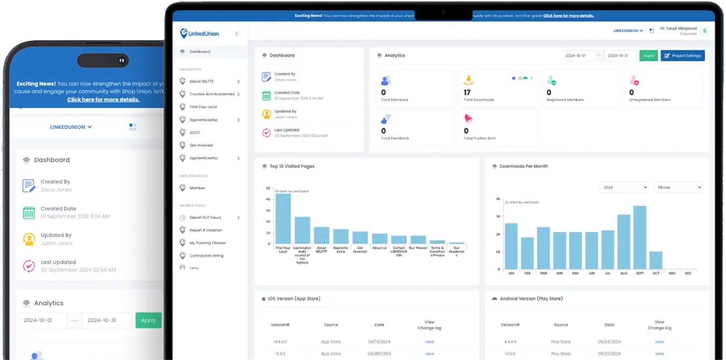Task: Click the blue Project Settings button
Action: point(682,55)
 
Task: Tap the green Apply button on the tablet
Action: point(649,55)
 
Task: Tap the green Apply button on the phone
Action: point(148,320)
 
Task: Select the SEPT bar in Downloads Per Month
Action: point(639,237)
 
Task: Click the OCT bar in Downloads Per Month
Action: point(655,260)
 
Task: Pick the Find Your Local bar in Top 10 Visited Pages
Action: point(283,218)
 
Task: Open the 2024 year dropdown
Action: point(624,187)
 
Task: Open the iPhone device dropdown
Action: point(678,187)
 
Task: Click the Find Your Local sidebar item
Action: point(203,107)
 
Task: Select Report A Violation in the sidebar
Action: point(206,230)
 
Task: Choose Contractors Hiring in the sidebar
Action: point(206,256)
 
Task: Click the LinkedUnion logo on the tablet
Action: point(200,33)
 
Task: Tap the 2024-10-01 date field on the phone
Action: point(43,320)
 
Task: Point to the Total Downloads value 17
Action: point(467,93)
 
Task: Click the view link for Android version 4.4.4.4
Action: point(659,342)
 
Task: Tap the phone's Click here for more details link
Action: point(103,100)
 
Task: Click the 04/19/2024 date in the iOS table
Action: point(379,342)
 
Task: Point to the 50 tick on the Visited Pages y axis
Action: point(268,188)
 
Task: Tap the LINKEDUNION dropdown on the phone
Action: point(71,127)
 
